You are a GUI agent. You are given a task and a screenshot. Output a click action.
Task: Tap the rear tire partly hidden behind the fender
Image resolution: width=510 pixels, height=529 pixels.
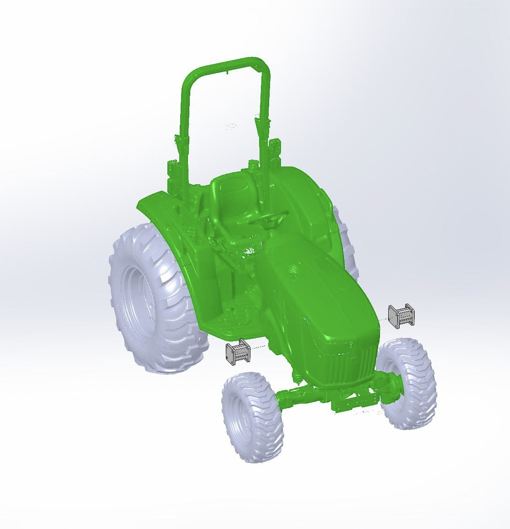pyautogui.click(x=349, y=246)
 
